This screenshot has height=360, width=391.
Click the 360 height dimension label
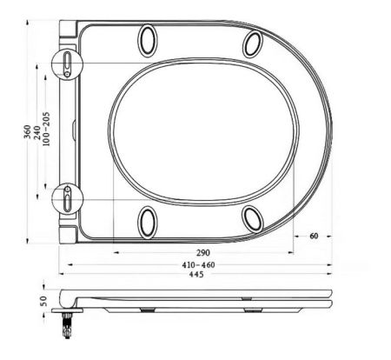pyautogui.click(x=28, y=131)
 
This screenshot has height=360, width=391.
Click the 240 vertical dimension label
pyautogui.click(x=39, y=131)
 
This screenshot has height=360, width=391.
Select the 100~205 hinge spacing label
pyautogui.click(x=50, y=131)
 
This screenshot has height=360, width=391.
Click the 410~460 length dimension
pyautogui.click(x=199, y=263)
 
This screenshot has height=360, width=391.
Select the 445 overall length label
pyautogui.click(x=199, y=276)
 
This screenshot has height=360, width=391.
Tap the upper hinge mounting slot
pyautogui.click(x=67, y=63)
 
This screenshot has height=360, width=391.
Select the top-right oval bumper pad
pyautogui.click(x=253, y=43)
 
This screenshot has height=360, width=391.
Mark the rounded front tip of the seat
pyautogui.click(x=331, y=130)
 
